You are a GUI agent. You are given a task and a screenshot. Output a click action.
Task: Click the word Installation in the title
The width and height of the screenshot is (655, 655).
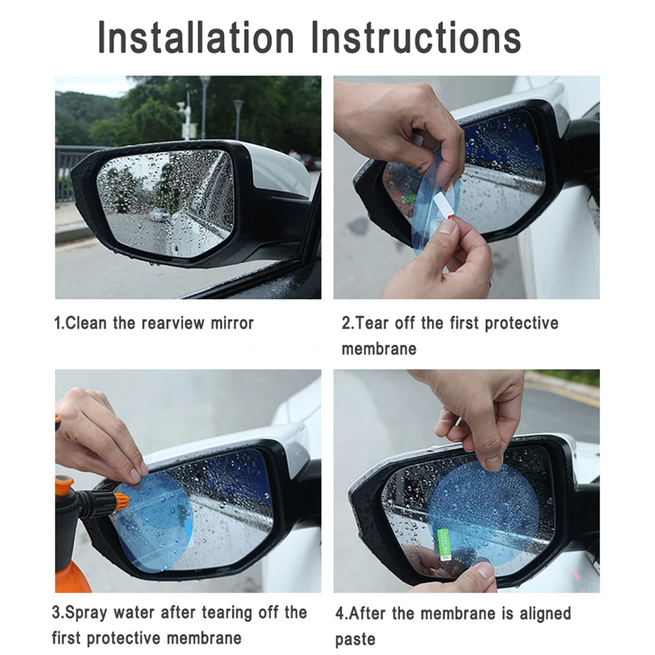[x=196, y=37]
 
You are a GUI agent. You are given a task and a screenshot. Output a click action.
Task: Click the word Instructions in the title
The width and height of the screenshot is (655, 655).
[x=416, y=37]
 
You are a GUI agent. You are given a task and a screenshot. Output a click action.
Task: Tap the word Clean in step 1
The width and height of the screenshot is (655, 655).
[x=86, y=323]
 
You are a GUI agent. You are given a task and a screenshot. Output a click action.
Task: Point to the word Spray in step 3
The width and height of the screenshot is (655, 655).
[x=86, y=613]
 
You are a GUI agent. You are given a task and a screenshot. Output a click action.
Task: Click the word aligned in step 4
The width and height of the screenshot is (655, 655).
[x=545, y=614]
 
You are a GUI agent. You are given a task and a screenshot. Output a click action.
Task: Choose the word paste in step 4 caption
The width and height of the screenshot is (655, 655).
[x=355, y=640]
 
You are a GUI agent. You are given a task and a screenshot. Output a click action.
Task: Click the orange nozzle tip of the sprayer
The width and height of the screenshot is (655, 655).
[x=120, y=500]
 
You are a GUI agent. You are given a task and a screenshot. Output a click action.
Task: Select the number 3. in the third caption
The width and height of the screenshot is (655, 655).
[x=58, y=613]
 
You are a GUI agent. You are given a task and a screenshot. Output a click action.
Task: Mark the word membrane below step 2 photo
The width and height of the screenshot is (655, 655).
[x=379, y=348]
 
